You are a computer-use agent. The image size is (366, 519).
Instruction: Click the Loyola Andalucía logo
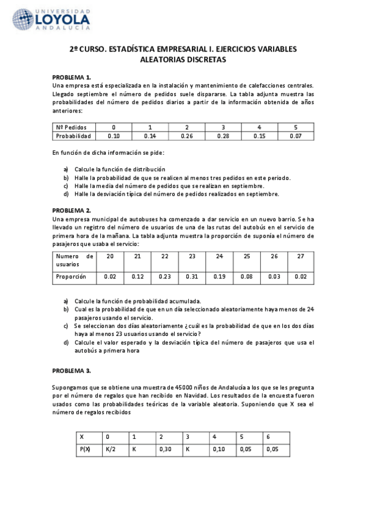click(51, 20)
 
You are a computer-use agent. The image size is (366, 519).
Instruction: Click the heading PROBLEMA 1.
click(71, 78)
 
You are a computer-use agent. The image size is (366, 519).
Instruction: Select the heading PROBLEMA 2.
click(71, 211)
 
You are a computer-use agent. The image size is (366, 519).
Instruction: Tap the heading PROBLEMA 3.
click(71, 371)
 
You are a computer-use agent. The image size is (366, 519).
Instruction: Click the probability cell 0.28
click(223, 136)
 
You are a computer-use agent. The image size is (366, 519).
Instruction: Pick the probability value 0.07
click(296, 136)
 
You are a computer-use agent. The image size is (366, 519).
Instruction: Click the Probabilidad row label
click(73, 136)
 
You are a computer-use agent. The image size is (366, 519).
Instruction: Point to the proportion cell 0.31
click(192, 277)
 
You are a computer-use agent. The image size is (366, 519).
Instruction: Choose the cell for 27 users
click(301, 256)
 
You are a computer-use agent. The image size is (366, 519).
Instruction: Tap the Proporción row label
click(71, 277)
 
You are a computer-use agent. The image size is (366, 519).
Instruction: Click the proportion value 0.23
click(164, 277)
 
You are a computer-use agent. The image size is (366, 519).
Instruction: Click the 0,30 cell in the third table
click(165, 449)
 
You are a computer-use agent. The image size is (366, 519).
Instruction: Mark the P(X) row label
click(86, 449)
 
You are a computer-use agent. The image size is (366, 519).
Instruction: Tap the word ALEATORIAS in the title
click(166, 60)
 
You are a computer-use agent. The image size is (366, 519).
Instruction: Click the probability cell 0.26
click(187, 136)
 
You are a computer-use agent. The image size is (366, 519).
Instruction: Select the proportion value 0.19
click(219, 277)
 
